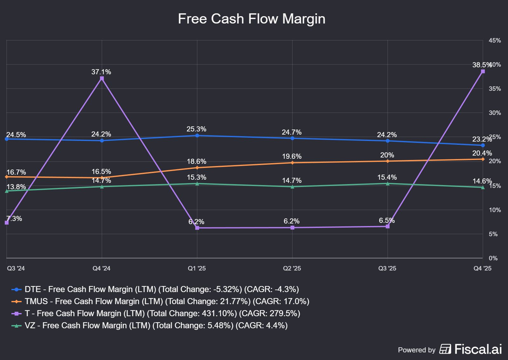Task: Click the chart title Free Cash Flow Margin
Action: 251,19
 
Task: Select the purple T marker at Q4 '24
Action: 102,78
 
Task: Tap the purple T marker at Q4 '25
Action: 483,71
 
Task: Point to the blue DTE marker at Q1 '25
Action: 197,136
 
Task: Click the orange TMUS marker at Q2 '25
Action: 292,163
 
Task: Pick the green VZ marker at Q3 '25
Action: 388,183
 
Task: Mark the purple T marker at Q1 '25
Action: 197,228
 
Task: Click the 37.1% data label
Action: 101,72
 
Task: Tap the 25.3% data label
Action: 197,129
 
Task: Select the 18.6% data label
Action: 197,162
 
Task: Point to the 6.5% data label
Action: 387,221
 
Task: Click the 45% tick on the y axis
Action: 495,41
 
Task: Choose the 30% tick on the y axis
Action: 495,113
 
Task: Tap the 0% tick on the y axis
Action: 493,258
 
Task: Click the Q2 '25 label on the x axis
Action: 292,269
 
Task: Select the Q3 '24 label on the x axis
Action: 16,269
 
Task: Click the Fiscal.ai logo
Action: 471,349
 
